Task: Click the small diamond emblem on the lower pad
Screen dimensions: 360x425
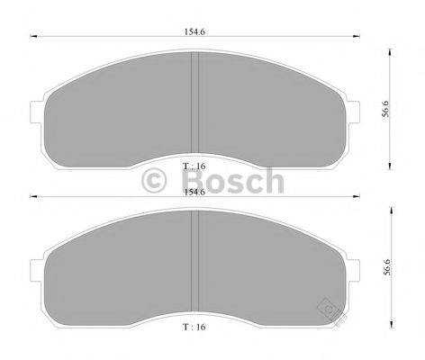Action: tap(330, 310)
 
